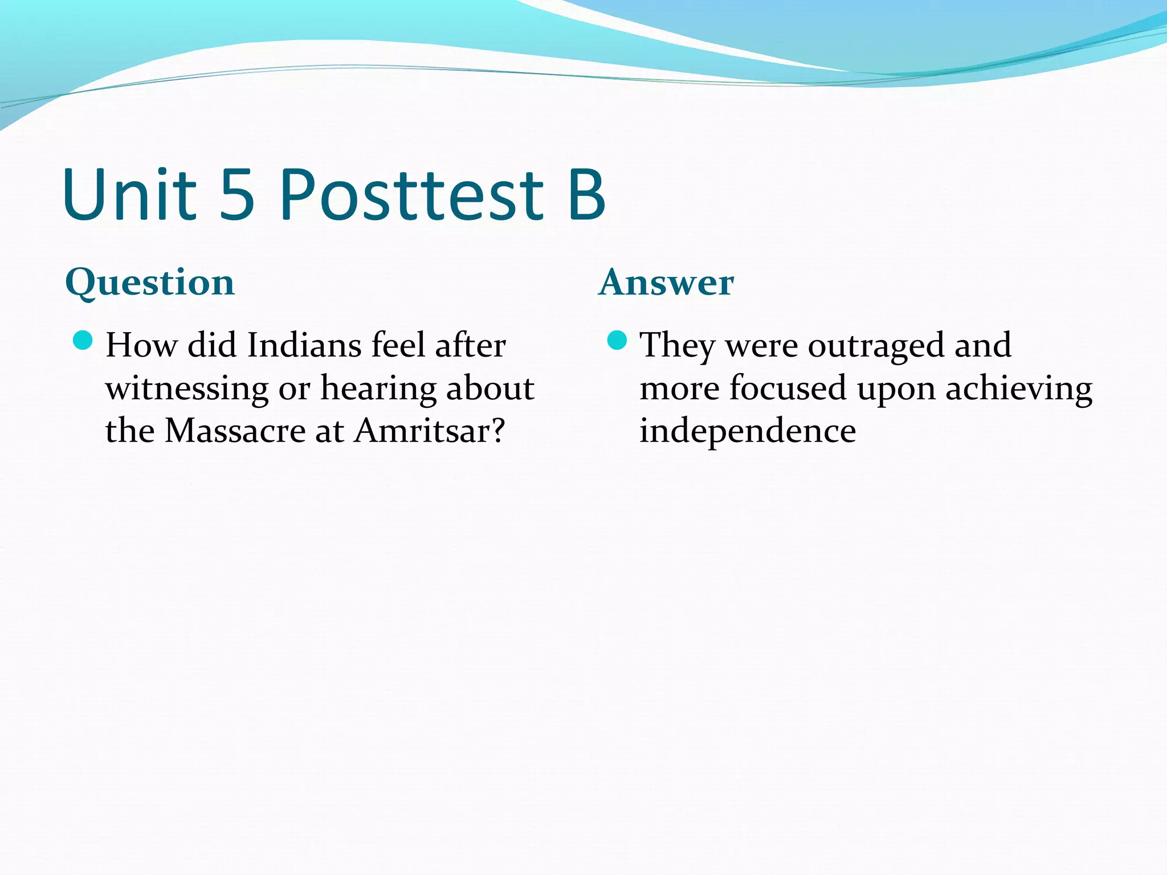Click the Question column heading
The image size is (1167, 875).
150,283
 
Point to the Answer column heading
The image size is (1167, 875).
666,283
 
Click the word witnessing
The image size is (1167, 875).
187,390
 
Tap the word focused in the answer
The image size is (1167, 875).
788,389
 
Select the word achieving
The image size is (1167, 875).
1019,390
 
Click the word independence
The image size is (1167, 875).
748,431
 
